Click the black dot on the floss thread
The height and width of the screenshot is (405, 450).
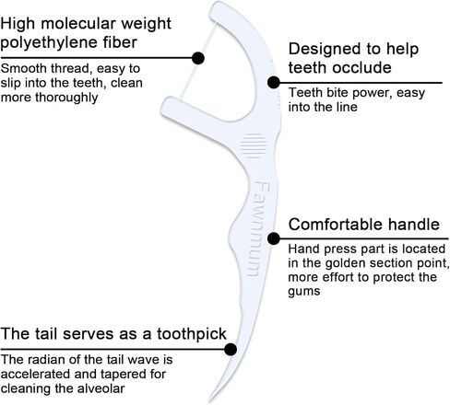point(198,58)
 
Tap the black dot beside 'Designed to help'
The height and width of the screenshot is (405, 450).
point(274,82)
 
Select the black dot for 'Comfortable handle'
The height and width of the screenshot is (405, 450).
point(274,238)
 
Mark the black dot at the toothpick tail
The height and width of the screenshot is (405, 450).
point(231,349)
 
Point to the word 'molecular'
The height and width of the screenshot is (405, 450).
point(78,24)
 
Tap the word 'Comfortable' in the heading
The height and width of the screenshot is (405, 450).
point(336,225)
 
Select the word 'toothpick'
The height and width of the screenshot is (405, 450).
point(192,334)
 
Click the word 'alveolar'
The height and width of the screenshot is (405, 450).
point(101,388)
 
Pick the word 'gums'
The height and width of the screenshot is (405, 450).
point(304,292)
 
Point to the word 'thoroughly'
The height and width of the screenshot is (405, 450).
point(66,98)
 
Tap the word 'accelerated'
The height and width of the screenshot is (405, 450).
point(35,374)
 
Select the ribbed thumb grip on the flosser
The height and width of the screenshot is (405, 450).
point(254,145)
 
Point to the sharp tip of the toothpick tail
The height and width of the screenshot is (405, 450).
point(209,400)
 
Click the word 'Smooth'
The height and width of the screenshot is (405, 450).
point(23,68)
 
